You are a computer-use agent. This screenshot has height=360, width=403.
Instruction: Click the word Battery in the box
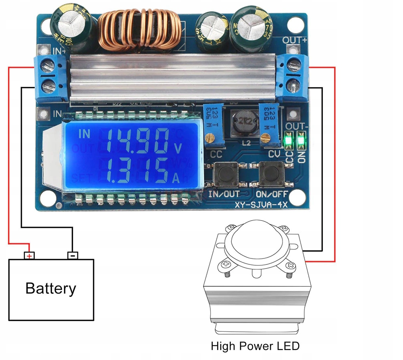[50, 289]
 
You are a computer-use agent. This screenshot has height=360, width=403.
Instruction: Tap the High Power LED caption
[255, 346]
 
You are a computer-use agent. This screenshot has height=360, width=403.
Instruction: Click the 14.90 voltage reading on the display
[137, 140]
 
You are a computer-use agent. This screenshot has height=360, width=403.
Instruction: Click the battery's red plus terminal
[29, 255]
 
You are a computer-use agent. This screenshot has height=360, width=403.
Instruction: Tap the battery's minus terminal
[73, 255]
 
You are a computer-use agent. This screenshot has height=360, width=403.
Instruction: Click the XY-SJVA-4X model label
[261, 204]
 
